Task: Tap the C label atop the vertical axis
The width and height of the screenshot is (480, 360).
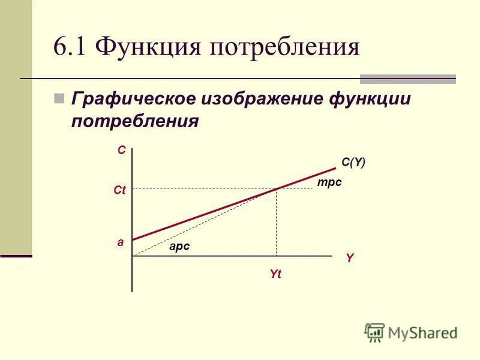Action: point(122,151)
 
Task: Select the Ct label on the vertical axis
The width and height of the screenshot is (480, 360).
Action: point(119,190)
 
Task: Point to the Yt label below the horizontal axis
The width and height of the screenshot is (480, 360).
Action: point(275,274)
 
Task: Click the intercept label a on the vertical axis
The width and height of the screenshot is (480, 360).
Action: point(120,243)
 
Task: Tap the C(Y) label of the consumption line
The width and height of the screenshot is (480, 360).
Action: point(353,162)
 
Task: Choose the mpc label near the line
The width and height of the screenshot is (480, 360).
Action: point(329,182)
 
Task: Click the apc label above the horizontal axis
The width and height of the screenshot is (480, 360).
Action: point(179,246)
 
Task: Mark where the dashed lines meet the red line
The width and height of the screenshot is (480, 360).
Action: point(276,188)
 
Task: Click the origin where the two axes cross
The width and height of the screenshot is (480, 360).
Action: point(132,256)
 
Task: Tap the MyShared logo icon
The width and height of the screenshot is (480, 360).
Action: point(374,332)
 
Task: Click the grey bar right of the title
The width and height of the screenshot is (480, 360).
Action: point(407,79)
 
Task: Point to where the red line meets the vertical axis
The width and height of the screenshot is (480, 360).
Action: point(132,240)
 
